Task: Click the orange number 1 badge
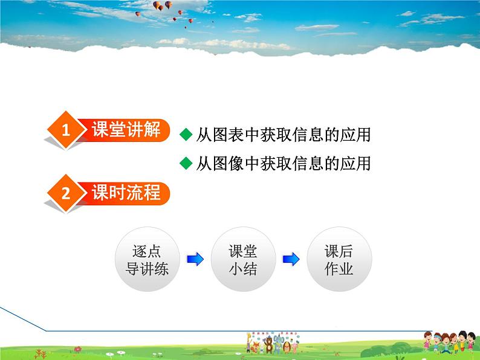pyautogui.click(x=66, y=129)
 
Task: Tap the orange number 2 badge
pyautogui.click(x=66, y=193)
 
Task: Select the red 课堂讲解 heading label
pyautogui.click(x=126, y=129)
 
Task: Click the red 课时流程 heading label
pyautogui.click(x=126, y=193)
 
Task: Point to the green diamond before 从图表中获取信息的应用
pyautogui.click(x=186, y=135)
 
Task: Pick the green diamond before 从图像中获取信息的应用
pyautogui.click(x=186, y=163)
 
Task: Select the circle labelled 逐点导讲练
pyautogui.click(x=147, y=259)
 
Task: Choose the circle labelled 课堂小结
pyautogui.click(x=243, y=259)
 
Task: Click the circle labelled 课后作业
pyautogui.click(x=339, y=259)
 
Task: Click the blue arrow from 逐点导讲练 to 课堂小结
pyautogui.click(x=195, y=259)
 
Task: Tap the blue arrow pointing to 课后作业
pyautogui.click(x=291, y=259)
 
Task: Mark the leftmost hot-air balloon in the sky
pyautogui.click(x=138, y=13)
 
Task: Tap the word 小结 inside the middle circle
pyautogui.click(x=243, y=269)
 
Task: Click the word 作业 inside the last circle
pyautogui.click(x=339, y=269)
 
